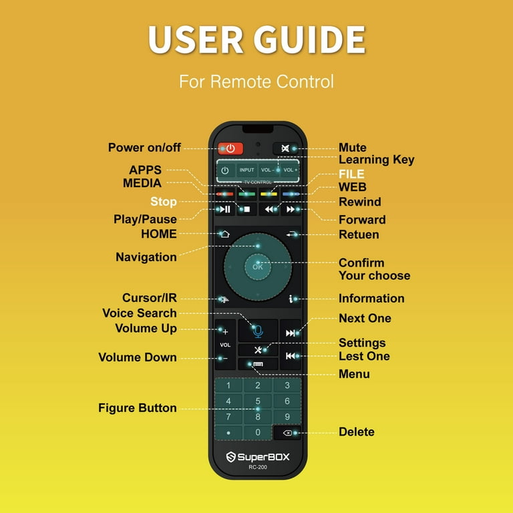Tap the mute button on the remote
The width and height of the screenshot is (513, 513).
point(286,148)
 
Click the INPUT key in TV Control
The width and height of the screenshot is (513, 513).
point(246,170)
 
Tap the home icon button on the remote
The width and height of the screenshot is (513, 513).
point(224,234)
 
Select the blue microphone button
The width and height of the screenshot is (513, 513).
point(258,331)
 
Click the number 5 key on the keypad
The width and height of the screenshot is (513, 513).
point(258,401)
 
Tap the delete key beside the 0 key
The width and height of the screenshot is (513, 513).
point(287,433)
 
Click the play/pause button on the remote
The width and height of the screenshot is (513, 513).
point(224,209)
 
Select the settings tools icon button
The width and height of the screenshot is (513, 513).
point(258,350)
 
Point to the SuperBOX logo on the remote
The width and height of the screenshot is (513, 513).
point(258,457)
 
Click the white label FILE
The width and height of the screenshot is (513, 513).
point(351,174)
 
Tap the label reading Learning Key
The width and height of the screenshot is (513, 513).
point(376,160)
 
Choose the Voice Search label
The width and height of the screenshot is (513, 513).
point(140,313)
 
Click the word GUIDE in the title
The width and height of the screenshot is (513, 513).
point(309,39)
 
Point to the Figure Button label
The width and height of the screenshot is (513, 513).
point(138,408)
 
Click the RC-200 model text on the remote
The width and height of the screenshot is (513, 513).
point(258,467)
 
